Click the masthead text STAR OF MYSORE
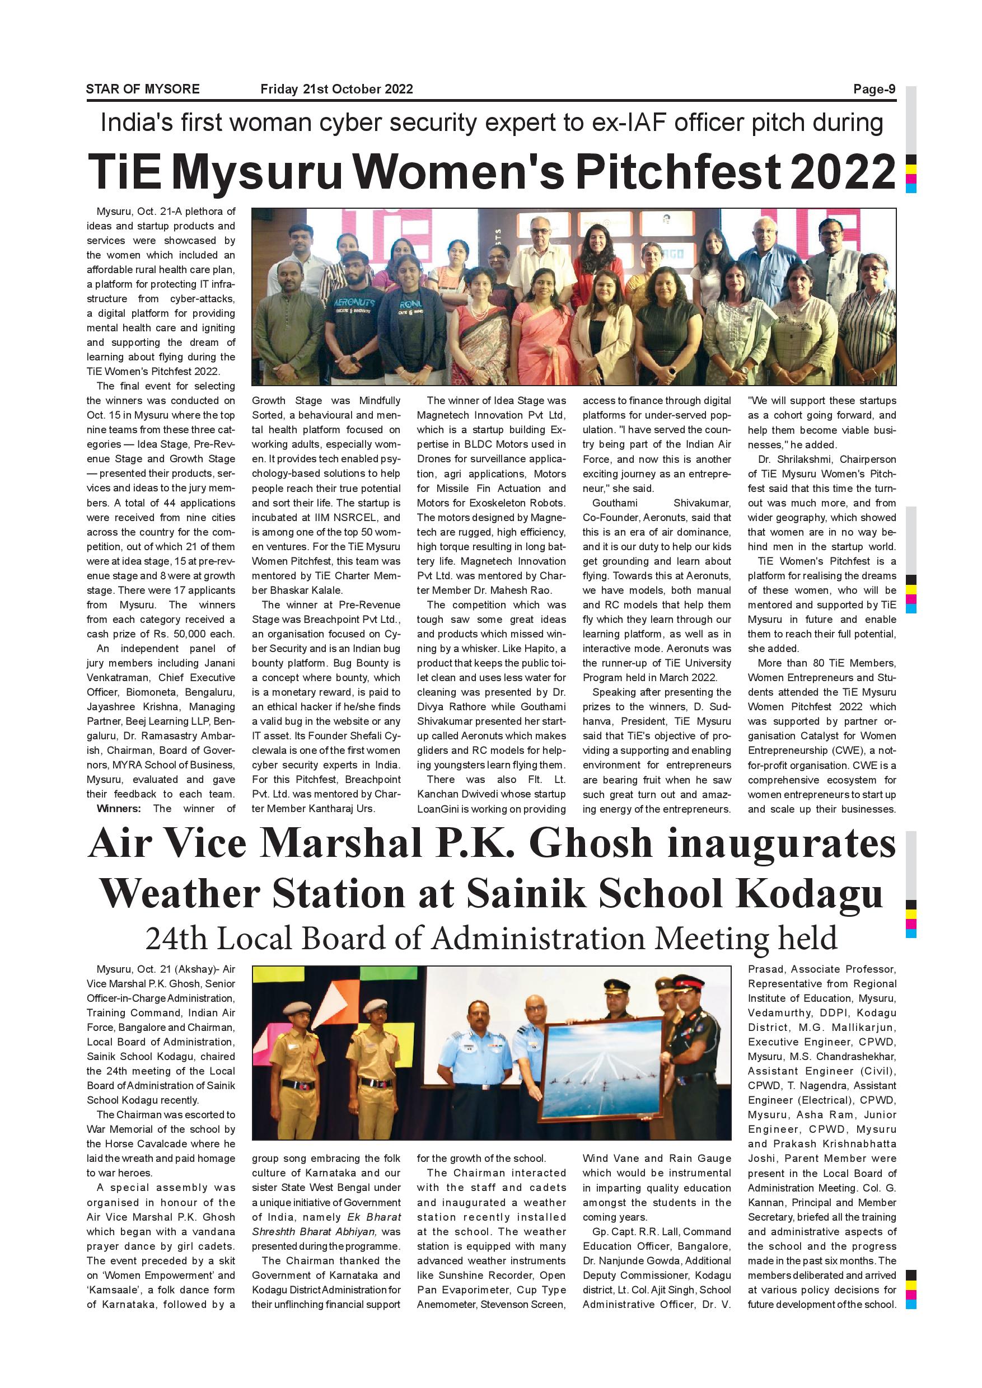point(143,90)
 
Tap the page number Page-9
point(874,90)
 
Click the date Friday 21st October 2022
point(336,90)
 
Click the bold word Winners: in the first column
point(119,809)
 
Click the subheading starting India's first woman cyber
point(491,123)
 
